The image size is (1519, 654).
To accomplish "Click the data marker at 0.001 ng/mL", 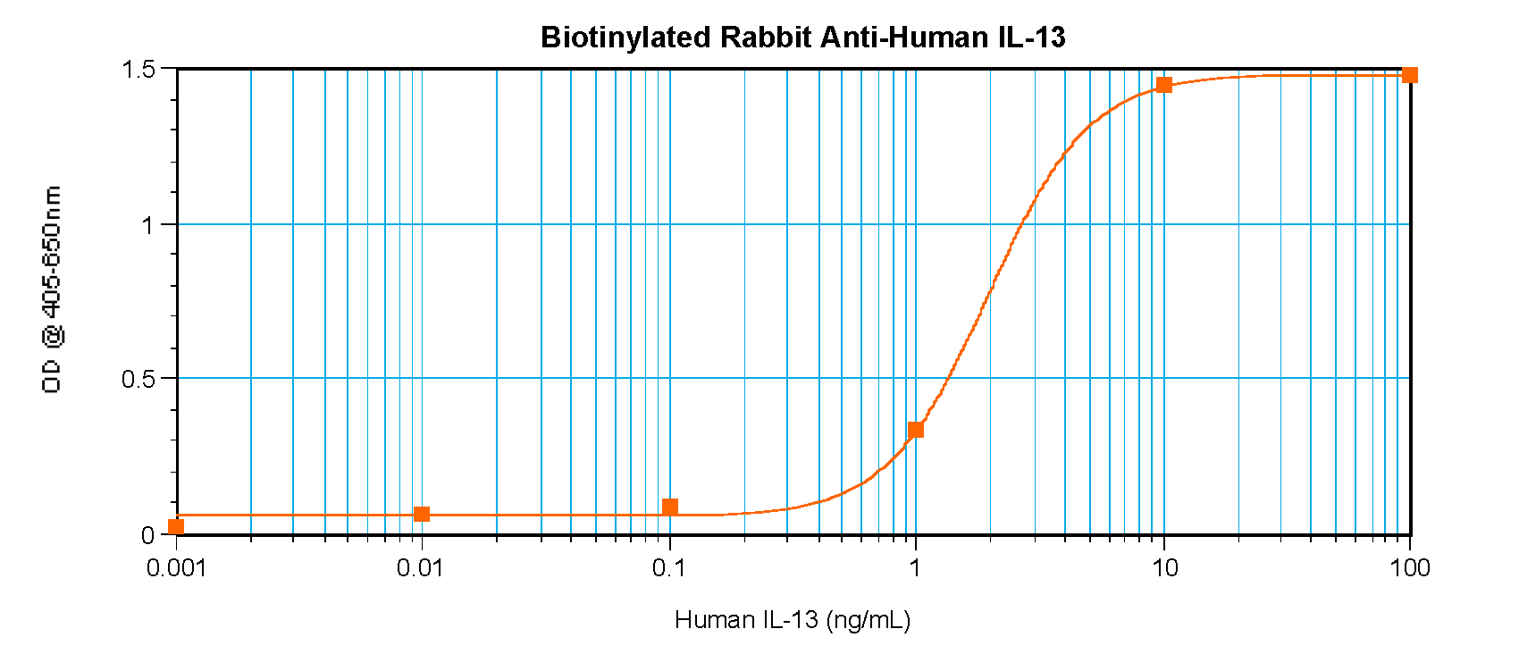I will [176, 526].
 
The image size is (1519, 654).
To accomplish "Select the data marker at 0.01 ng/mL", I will [422, 514].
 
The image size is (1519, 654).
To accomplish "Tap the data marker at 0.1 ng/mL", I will [670, 507].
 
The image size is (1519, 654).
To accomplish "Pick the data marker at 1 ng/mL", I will [915, 430].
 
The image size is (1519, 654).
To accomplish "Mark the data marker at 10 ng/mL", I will [1163, 85].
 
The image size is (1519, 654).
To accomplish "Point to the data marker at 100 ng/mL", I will [1409, 75].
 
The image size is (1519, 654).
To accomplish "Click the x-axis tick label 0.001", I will [176, 567].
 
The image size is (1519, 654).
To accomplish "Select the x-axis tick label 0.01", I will [420, 567].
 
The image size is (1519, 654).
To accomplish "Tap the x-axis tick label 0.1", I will [667, 567].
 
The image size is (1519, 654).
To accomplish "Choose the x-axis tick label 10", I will [1163, 567].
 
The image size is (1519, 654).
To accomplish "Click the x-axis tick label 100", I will [1409, 567].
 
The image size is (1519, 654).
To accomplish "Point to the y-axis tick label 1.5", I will [138, 69].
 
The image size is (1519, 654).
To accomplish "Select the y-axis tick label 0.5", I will [138, 379].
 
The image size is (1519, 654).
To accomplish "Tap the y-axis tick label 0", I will [148, 535].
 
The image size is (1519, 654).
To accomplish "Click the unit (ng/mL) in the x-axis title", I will [869, 619].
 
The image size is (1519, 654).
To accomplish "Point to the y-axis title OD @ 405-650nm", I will [52, 289].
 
